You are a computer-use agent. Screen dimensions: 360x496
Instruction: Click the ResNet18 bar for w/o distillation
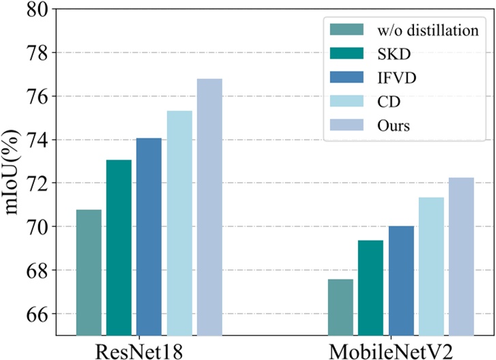[x=89, y=273]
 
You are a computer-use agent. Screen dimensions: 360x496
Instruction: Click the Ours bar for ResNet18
[x=209, y=207]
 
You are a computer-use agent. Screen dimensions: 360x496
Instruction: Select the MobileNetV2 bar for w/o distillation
[x=340, y=307]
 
